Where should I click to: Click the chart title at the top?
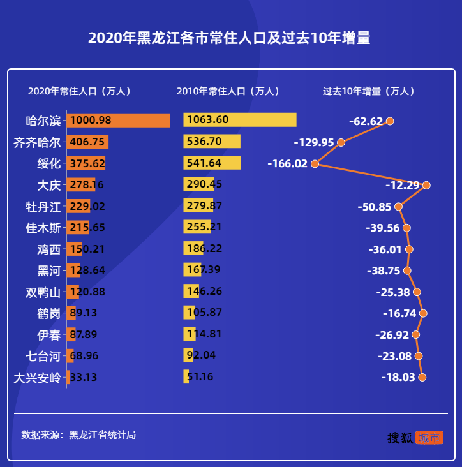229,38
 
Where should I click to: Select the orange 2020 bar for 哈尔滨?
118,121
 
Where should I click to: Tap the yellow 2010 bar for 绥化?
212,163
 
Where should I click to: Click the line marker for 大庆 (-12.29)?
426,185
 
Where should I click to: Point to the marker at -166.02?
315,163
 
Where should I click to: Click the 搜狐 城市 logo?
415,438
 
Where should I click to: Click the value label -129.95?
313,142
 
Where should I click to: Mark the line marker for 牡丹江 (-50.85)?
399,206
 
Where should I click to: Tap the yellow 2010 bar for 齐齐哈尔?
212,142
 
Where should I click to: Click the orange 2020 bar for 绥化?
86,163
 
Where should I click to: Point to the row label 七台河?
43,355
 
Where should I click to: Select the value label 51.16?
200,377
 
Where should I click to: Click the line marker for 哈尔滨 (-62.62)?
390,121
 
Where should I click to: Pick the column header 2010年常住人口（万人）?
228,91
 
